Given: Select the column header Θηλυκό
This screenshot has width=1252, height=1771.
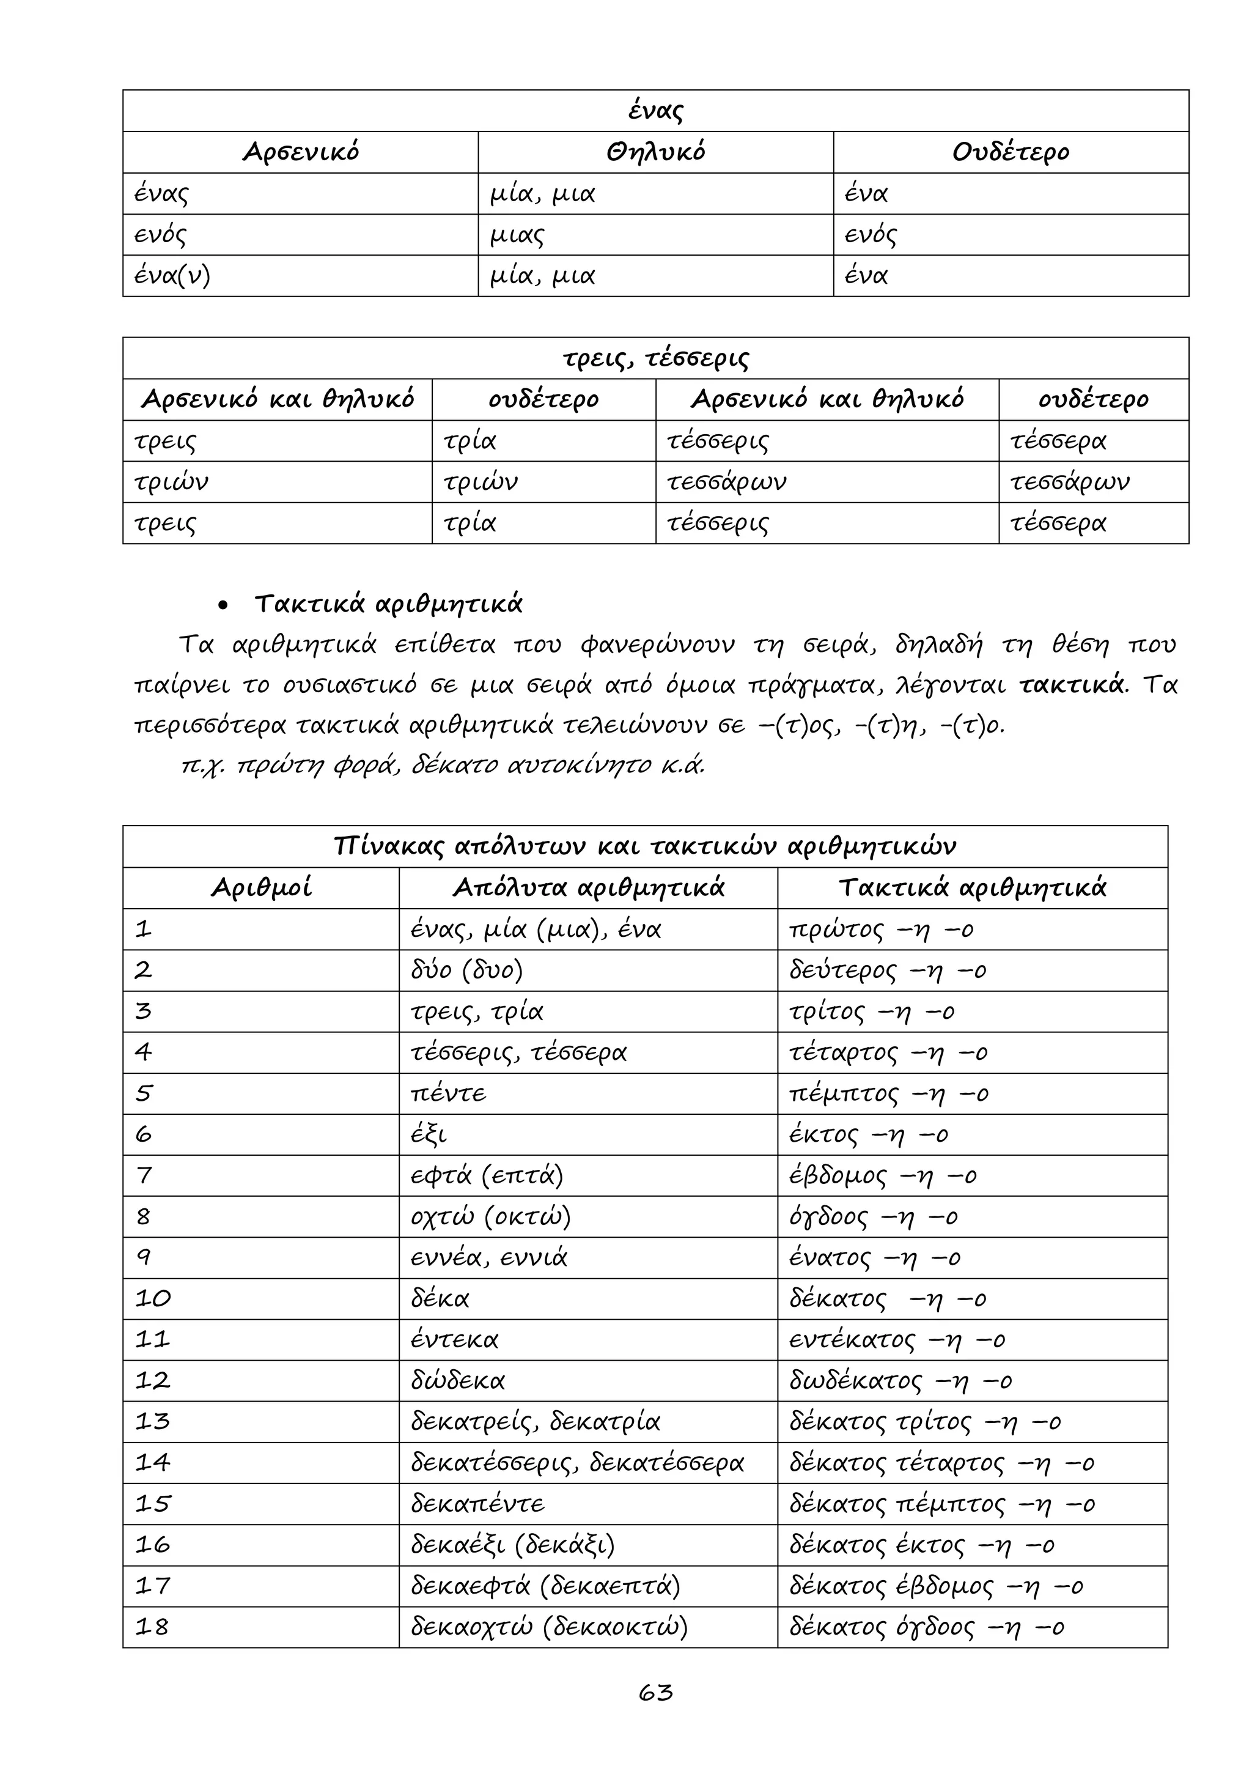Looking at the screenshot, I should (x=655, y=152).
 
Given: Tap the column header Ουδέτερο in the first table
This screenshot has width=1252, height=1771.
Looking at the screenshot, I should (x=1010, y=152).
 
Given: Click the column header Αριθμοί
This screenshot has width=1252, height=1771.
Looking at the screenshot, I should (x=262, y=888).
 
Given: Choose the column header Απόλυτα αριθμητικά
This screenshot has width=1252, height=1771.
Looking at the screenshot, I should (x=588, y=888).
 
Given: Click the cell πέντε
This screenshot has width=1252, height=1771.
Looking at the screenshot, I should (x=449, y=1094).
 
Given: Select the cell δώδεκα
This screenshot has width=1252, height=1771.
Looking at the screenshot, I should (x=458, y=1381).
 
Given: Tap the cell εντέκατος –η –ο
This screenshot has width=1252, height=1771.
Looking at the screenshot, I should (x=897, y=1340).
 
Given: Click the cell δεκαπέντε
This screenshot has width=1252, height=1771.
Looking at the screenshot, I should (x=478, y=1504).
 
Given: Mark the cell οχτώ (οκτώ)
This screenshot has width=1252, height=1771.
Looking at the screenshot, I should (x=491, y=1216).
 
